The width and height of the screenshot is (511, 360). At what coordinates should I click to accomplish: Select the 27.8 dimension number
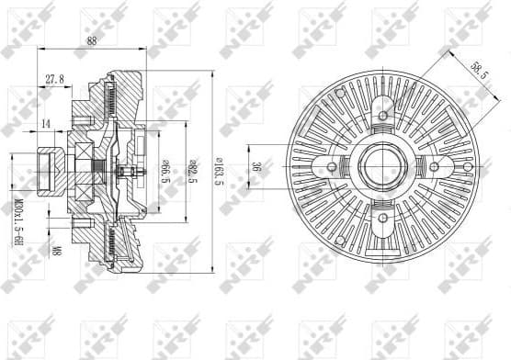coord(54,79)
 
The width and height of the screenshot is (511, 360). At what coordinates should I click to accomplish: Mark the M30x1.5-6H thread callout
coord(16,220)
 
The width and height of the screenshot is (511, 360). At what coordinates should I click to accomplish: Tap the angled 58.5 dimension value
coord(464,69)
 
